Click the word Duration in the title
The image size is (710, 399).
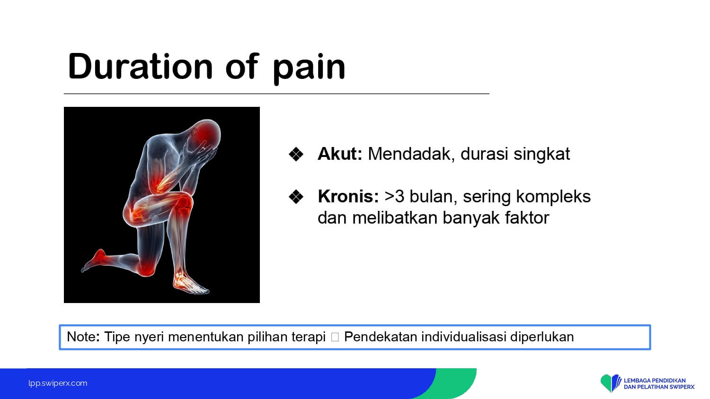(x=140, y=66)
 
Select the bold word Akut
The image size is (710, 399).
(x=340, y=154)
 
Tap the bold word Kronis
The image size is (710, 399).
(x=348, y=196)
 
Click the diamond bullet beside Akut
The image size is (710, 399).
(x=296, y=154)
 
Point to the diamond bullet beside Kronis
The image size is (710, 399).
(x=296, y=197)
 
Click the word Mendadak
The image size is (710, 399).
(x=411, y=155)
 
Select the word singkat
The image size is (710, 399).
(x=541, y=155)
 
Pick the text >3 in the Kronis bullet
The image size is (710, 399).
(x=394, y=197)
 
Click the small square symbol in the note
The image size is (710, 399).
(x=335, y=337)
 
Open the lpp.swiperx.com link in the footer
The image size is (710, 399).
(x=58, y=383)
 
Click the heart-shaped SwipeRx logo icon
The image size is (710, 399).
(x=611, y=383)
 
